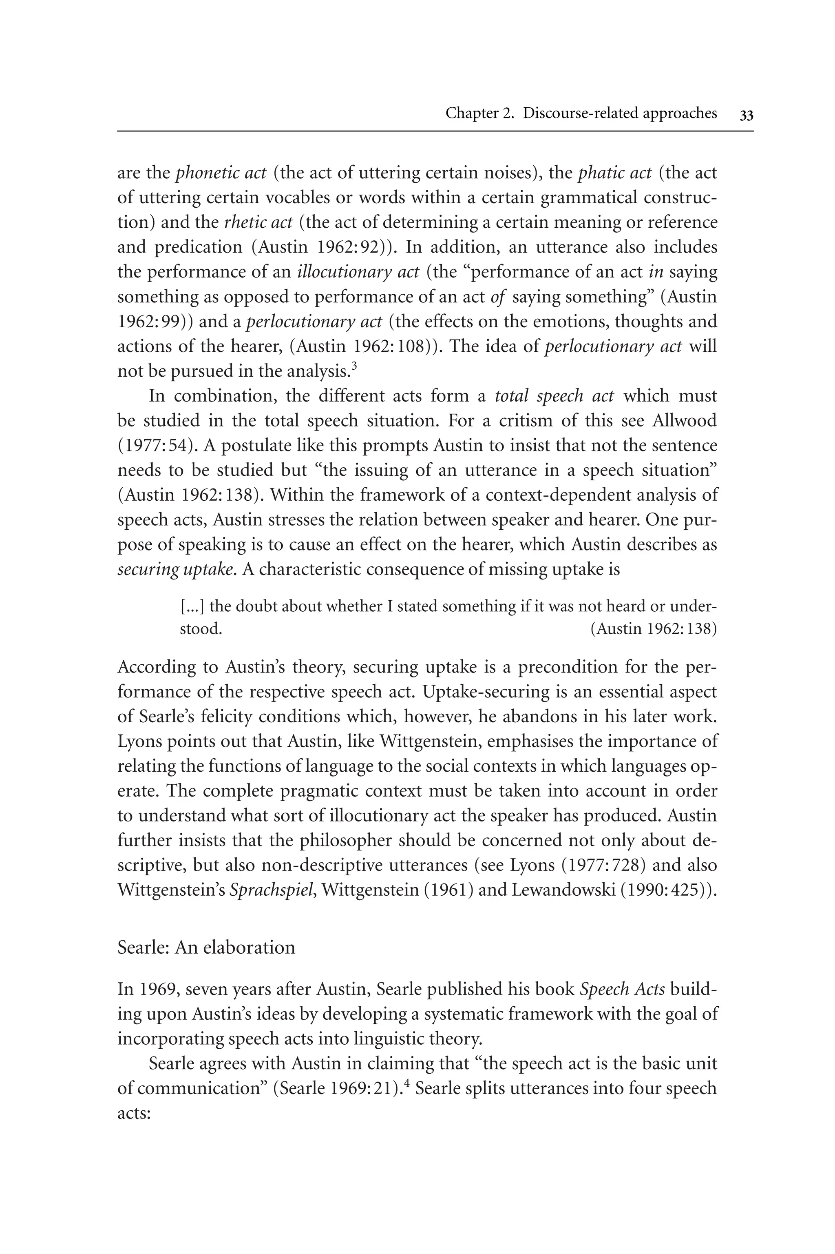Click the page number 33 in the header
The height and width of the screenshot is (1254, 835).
click(x=746, y=115)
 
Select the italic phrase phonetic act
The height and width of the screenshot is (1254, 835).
click(x=221, y=173)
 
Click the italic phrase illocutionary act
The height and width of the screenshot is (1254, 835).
click(x=358, y=272)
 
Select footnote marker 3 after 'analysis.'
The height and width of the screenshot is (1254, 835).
click(x=354, y=365)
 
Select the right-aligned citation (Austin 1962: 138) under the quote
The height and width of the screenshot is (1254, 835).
click(x=654, y=629)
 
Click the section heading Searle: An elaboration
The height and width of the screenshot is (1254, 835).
click(x=206, y=947)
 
